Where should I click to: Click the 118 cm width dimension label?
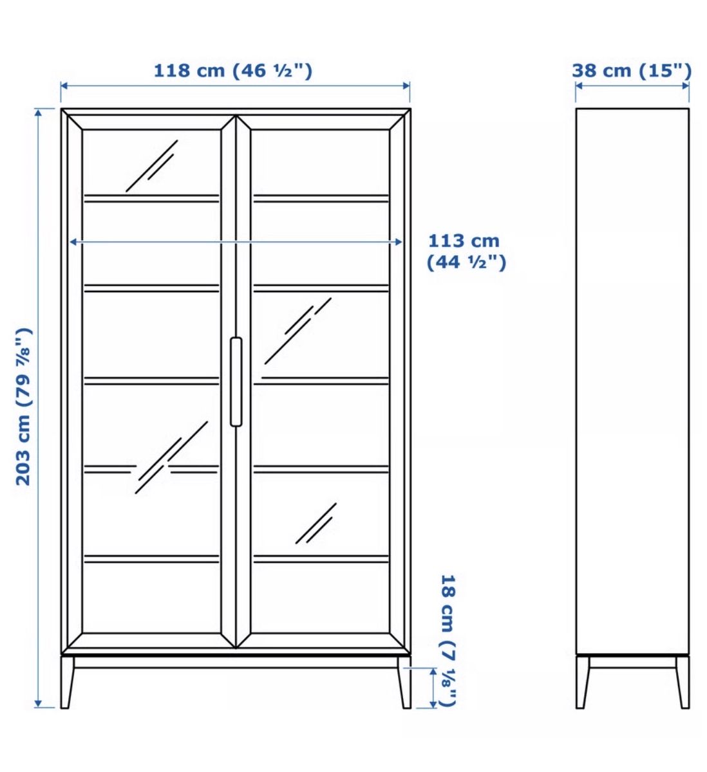pyautogui.click(x=232, y=71)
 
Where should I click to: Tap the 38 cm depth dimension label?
pyautogui.click(x=632, y=71)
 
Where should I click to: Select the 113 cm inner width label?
pyautogui.click(x=466, y=252)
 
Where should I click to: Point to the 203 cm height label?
pyautogui.click(x=23, y=407)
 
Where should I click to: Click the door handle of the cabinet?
pyautogui.click(x=236, y=381)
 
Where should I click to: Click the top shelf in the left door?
pyautogui.click(x=151, y=198)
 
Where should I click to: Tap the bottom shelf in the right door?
pyautogui.click(x=321, y=559)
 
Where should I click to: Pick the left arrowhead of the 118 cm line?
pyautogui.click(x=64, y=86)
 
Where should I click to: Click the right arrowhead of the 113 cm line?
pyautogui.click(x=399, y=242)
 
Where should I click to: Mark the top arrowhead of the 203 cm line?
pyautogui.click(x=38, y=113)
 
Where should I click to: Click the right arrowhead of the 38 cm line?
pyautogui.click(x=686, y=86)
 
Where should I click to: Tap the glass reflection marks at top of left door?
pyautogui.click(x=152, y=165)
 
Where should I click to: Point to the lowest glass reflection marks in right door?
pyautogui.click(x=316, y=524)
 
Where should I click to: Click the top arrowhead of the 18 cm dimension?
pyautogui.click(x=433, y=672)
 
